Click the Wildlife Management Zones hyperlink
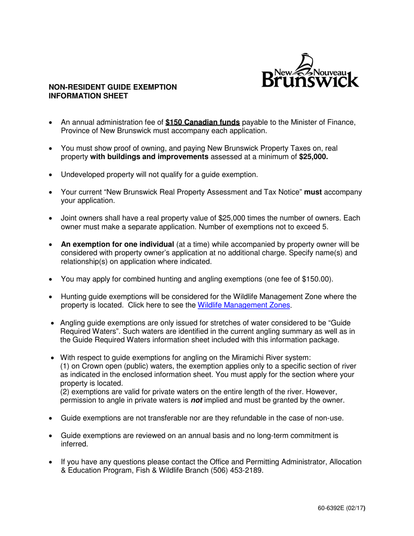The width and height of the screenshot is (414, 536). pyautogui.click(x=244, y=305)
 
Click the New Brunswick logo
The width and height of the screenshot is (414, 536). pyautogui.click(x=310, y=71)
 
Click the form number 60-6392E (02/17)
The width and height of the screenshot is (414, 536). pyautogui.click(x=342, y=508)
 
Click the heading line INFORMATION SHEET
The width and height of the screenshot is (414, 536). pyautogui.click(x=88, y=95)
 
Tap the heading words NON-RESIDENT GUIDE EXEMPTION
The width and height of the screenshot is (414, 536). pyautogui.click(x=112, y=87)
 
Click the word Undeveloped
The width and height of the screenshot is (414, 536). pyautogui.click(x=81, y=175)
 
